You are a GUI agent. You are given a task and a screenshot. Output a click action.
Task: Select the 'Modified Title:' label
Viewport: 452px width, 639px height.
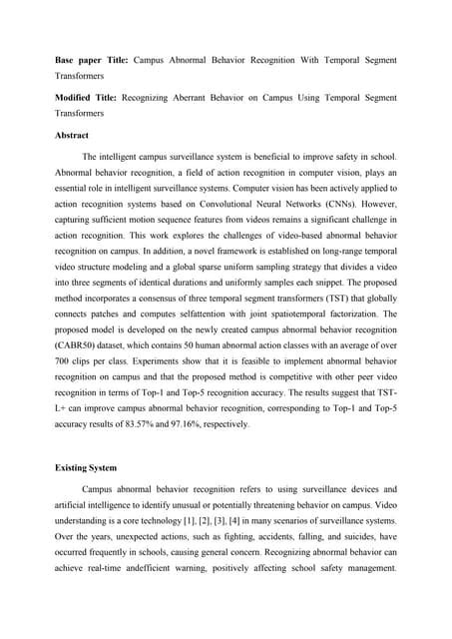(85, 97)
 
